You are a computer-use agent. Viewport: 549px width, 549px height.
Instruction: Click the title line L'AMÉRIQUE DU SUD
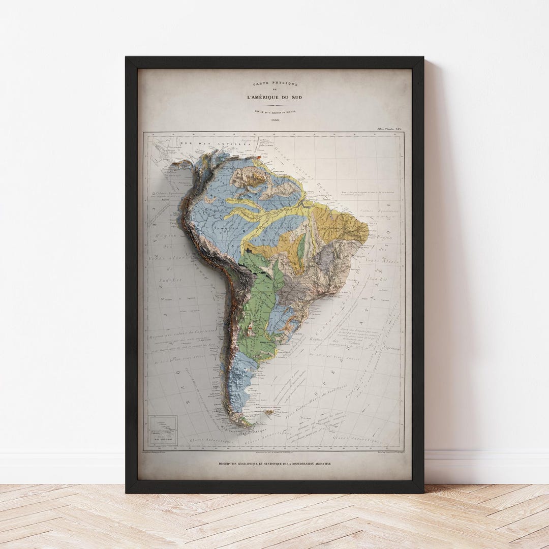point(274,97)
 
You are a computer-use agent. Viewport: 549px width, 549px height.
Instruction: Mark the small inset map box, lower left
point(163,431)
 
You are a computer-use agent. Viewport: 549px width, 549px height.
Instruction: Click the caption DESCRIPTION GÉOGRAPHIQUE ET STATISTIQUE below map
point(274,464)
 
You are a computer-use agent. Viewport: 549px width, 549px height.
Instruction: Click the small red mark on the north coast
point(259,157)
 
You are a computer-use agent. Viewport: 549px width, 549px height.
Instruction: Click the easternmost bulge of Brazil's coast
point(367,231)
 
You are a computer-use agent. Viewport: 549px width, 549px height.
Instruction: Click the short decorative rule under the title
point(274,105)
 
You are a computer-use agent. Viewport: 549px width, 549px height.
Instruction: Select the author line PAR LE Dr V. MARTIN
point(274,111)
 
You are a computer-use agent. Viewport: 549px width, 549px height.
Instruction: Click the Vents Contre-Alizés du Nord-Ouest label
point(305,394)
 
